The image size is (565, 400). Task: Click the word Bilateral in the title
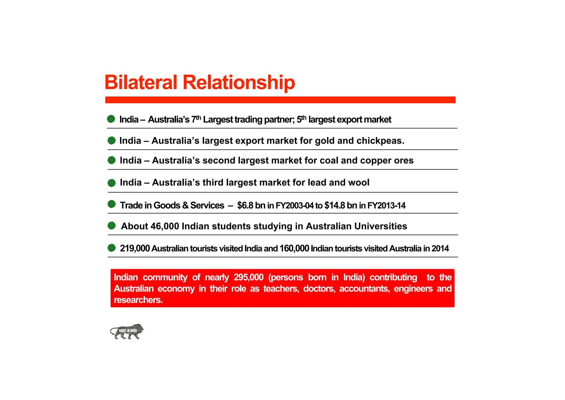pos(141,82)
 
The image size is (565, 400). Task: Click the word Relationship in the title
pos(239,82)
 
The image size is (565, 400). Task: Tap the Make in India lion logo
pos(127,331)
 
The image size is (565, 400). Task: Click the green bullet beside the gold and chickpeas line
pos(111,141)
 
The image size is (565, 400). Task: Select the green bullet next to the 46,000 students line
pos(111,226)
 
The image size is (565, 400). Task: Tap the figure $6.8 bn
pos(251,206)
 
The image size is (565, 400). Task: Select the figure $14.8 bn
pos(341,206)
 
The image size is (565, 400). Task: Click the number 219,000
pos(135,248)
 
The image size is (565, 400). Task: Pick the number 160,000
pos(294,248)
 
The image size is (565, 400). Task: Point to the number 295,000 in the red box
pos(248,277)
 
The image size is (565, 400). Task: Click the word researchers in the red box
pos(138,300)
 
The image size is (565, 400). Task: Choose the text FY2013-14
pos(386,206)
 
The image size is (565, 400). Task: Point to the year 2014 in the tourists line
pos(440,248)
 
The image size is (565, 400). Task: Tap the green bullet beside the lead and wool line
pos(111,183)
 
